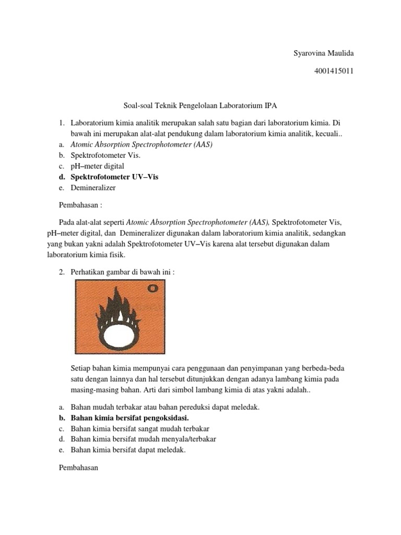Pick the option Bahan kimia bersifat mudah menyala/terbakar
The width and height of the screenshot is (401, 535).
(x=143, y=439)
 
